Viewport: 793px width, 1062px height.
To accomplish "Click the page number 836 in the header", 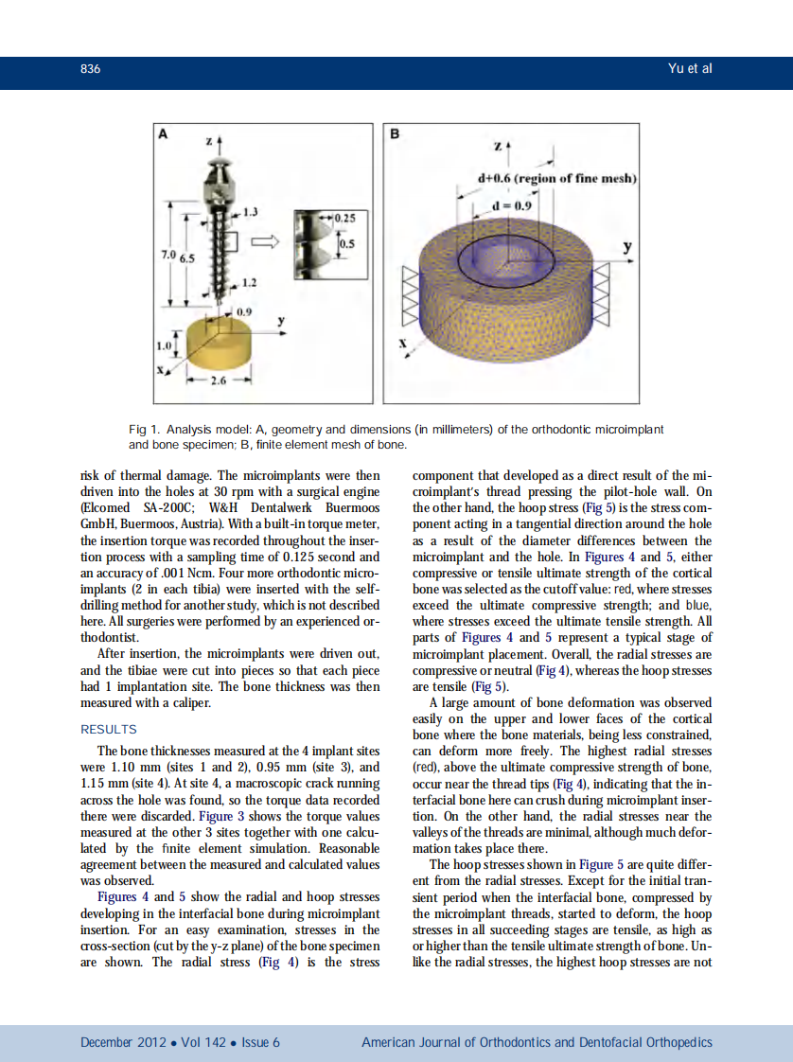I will pos(91,69).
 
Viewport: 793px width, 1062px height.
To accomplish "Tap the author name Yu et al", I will pos(689,69).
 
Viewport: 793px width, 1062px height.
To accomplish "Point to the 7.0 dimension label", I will pos(167,257).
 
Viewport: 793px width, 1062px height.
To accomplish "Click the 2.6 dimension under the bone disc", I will pos(218,381).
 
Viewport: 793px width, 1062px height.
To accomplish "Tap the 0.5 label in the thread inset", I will pos(346,243).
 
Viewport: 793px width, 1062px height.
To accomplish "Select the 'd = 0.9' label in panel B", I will pos(514,204).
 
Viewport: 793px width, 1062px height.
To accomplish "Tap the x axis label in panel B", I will pos(405,345).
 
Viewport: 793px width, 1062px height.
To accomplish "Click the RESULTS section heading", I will pos(109,729).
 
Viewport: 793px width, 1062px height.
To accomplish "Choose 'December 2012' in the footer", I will pos(123,1042).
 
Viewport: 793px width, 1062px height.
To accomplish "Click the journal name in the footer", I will pos(537,1042).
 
